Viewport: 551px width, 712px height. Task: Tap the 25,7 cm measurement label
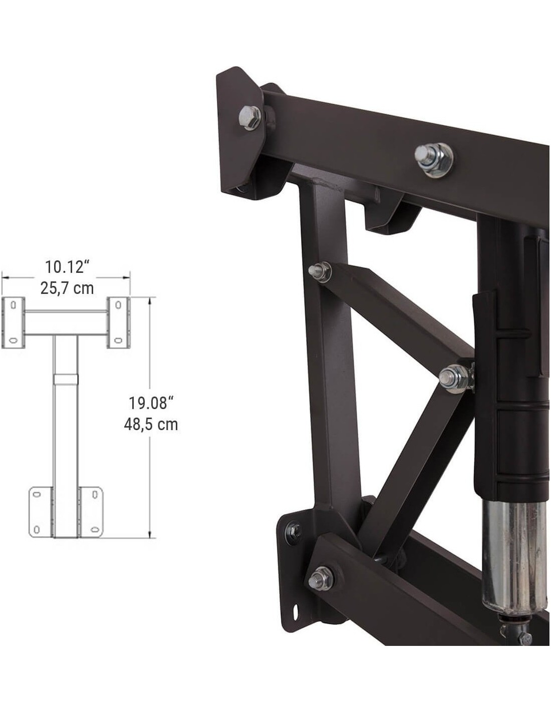[67, 288]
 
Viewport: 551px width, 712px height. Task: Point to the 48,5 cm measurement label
[151, 425]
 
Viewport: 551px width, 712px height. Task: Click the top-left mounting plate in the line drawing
[13, 323]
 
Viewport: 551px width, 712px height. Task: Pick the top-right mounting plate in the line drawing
[119, 323]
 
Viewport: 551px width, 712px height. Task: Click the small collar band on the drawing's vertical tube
[66, 380]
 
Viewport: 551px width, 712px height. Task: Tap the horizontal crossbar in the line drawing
[66, 323]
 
